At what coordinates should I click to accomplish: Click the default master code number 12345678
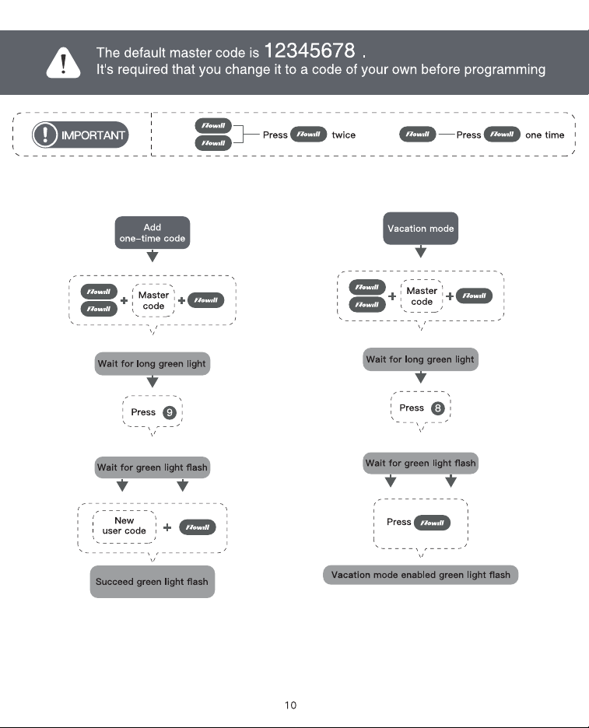(x=310, y=50)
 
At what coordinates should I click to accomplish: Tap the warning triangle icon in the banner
(x=63, y=63)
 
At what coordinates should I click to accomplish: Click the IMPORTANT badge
(x=80, y=135)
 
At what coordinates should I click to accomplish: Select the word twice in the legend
(x=344, y=135)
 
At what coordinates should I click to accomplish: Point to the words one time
(x=545, y=135)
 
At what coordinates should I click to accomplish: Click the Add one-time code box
(x=153, y=233)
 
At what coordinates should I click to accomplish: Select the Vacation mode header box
(x=420, y=229)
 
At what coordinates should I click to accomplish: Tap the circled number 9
(x=170, y=412)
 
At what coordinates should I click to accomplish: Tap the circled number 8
(x=437, y=408)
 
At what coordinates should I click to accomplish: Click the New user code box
(x=124, y=526)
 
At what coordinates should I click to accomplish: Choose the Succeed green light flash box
(x=153, y=582)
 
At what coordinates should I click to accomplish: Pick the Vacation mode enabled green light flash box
(x=420, y=575)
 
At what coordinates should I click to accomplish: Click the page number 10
(x=291, y=705)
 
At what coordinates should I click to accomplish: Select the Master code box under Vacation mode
(x=422, y=296)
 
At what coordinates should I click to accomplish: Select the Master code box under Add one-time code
(x=153, y=300)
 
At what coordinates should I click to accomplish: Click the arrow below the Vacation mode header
(x=421, y=252)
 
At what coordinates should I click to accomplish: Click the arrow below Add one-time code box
(x=153, y=257)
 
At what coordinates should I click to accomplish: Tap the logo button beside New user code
(x=198, y=527)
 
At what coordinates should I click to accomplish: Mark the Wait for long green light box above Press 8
(x=420, y=359)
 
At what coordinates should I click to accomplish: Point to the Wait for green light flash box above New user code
(x=153, y=467)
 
